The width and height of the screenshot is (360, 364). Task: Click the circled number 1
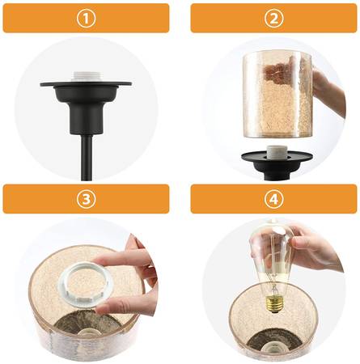click(86, 19)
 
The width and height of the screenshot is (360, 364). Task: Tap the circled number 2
click(273, 19)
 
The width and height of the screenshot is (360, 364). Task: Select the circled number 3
click(86, 199)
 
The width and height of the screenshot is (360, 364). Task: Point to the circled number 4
click(273, 199)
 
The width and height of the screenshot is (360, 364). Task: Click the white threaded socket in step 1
click(86, 77)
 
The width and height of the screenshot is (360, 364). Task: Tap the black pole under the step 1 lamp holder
click(87, 157)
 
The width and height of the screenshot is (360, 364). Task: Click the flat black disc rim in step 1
click(86, 84)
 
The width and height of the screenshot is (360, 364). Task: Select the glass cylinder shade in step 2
click(277, 94)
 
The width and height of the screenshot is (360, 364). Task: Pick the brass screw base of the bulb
click(275, 304)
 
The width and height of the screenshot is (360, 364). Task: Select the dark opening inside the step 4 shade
click(274, 343)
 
